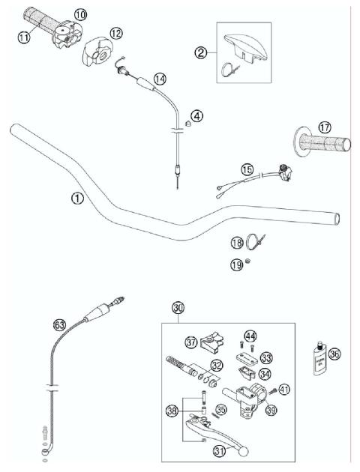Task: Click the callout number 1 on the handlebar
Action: (x=76, y=199)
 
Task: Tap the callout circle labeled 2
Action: (x=200, y=52)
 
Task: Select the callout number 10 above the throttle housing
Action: (x=79, y=14)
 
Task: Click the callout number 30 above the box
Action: (x=178, y=308)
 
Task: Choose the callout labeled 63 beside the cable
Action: (x=60, y=324)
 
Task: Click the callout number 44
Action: (x=250, y=337)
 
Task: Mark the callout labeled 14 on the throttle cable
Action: (x=160, y=77)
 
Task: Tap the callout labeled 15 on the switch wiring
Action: (x=247, y=170)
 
